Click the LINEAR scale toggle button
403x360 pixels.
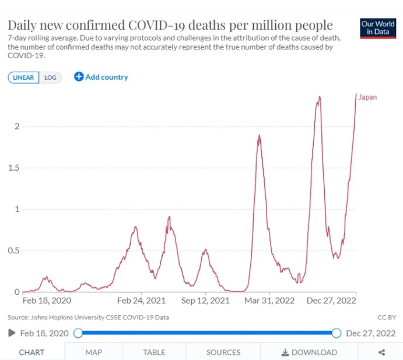click(23, 77)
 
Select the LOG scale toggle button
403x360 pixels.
click(50, 77)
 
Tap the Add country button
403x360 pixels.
click(101, 77)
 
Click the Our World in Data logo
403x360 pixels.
click(377, 28)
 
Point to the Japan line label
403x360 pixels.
click(367, 97)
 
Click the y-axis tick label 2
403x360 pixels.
click(17, 126)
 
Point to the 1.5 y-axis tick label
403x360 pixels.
click(14, 168)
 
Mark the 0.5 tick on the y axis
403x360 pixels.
click(14, 250)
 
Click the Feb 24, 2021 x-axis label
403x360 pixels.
click(141, 301)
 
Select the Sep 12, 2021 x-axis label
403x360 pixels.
click(205, 301)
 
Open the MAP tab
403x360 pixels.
click(93, 352)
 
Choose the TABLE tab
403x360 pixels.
click(154, 352)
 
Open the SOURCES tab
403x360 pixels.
click(223, 352)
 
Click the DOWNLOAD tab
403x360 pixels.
click(309, 352)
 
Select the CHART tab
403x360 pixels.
click(31, 352)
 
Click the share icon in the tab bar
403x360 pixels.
click(381, 352)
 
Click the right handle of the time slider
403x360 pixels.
click(336, 333)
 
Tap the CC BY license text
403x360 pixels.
click(387, 317)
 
